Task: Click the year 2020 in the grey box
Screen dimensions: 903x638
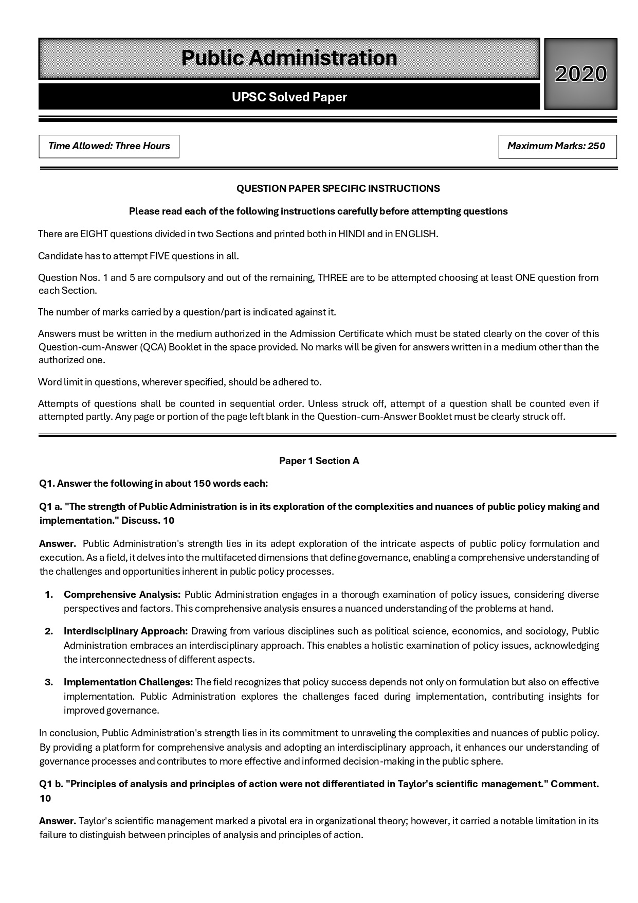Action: click(x=580, y=74)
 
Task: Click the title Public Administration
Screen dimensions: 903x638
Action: click(x=289, y=58)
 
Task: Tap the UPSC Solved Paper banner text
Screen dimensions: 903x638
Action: click(x=289, y=97)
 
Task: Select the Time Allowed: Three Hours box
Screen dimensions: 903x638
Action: click(x=109, y=146)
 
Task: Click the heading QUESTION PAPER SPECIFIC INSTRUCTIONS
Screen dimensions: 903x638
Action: click(x=338, y=189)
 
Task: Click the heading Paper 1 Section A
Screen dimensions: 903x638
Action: click(x=319, y=461)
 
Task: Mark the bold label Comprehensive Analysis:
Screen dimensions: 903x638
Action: click(x=122, y=595)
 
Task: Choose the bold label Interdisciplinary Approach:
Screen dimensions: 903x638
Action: click(x=125, y=631)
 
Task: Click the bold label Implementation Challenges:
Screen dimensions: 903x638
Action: click(x=128, y=682)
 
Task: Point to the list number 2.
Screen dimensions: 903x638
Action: click(x=49, y=631)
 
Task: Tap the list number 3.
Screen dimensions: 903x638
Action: click(x=49, y=682)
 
